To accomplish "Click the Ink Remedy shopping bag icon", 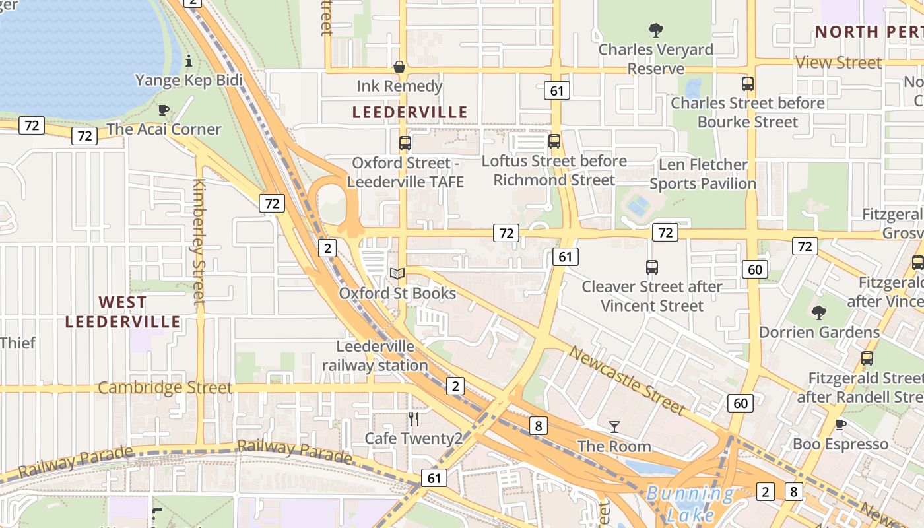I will pos(399,67).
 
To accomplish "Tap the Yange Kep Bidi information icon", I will pos(189,61).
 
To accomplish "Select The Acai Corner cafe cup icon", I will pos(164,110).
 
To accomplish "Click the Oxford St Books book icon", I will pos(397,273).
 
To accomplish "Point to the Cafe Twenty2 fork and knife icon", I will pos(414,418).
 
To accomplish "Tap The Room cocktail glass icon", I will pos(614,426).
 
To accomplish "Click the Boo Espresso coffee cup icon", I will pos(840,424).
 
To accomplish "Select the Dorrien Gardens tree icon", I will pos(819,312).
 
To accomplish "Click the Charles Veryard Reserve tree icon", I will pos(655,30).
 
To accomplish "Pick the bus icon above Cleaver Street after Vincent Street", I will pos(652,267).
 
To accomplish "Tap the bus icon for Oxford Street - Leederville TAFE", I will pos(405,143).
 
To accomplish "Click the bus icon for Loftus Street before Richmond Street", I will pos(554,141).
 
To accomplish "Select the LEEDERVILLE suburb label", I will pos(410,112).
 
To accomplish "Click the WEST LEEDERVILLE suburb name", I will pos(123,312).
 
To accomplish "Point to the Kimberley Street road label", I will pos(199,241).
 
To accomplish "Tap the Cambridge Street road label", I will pos(165,387).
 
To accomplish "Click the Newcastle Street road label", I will pos(627,380).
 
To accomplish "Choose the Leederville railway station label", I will pos(375,356).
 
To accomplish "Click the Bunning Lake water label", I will pos(690,504).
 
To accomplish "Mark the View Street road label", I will pos(839,63).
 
